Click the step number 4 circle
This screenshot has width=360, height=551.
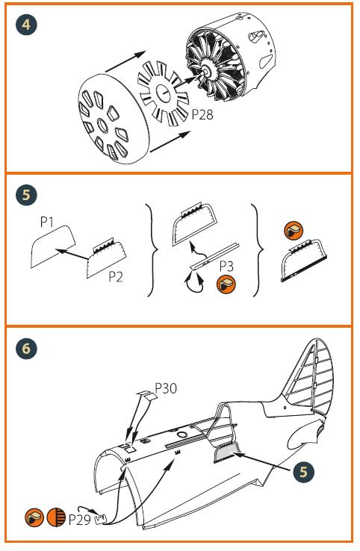coord(26,25)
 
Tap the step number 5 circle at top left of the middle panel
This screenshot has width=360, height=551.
coord(26,195)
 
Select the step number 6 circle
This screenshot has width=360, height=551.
coord(26,348)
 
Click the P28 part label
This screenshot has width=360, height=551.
coord(202,114)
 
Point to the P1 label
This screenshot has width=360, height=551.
coord(47,222)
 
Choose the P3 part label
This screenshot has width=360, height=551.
coord(226,266)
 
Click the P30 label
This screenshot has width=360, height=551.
coord(166,388)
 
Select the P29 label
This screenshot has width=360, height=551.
coord(80,520)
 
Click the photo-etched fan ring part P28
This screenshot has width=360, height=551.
coord(164,93)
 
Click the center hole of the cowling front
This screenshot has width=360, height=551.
coord(102,125)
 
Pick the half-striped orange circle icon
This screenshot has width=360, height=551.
coord(56,517)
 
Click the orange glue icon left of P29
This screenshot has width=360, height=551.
coord(34,517)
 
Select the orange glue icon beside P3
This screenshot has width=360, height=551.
coord(226,284)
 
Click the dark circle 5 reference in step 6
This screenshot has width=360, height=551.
coord(303,472)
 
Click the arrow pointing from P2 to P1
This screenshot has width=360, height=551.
coord(72,255)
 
